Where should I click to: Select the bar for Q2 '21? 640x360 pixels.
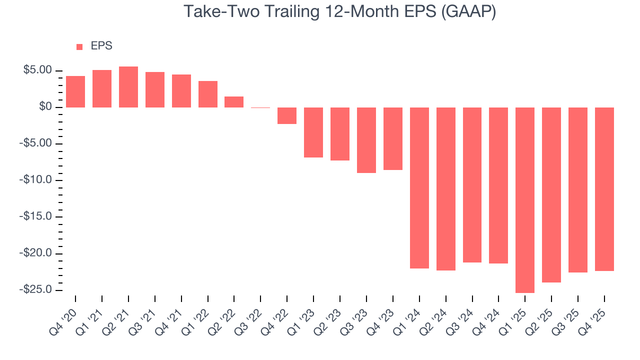click(x=128, y=87)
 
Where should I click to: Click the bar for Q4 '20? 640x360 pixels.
click(x=75, y=92)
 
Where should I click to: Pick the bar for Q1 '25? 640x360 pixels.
click(x=525, y=200)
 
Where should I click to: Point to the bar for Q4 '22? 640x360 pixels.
click(x=287, y=115)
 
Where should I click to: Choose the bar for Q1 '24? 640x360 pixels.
click(x=419, y=188)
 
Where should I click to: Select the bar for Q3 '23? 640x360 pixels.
click(x=366, y=140)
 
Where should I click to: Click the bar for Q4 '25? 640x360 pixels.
click(x=604, y=189)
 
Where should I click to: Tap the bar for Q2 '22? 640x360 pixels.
click(x=234, y=102)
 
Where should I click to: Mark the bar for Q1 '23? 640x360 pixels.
click(x=313, y=132)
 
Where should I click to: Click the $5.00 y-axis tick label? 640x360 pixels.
click(x=37, y=70)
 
